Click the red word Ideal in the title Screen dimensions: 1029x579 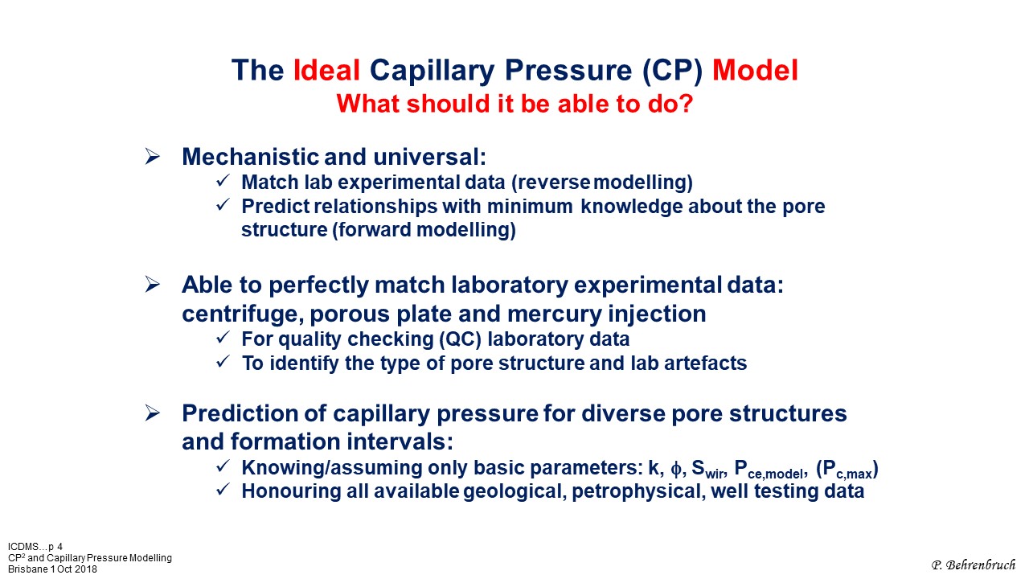click(x=326, y=70)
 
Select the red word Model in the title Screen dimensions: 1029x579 click(x=755, y=70)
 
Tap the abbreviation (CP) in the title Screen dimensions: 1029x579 click(x=673, y=72)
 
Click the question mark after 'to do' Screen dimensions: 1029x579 click(x=685, y=104)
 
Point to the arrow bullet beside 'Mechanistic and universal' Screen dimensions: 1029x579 click(x=152, y=157)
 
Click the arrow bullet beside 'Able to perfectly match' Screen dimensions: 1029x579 click(x=152, y=285)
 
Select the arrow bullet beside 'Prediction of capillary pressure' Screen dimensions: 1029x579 click(x=152, y=413)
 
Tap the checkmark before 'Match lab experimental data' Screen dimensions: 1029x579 click(x=223, y=181)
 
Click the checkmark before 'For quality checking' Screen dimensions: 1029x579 click(x=223, y=338)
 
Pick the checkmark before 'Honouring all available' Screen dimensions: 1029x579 click(x=223, y=490)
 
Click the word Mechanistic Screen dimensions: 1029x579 click(x=250, y=157)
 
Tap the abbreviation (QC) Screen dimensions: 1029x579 click(x=461, y=339)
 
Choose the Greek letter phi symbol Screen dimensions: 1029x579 click(x=676, y=469)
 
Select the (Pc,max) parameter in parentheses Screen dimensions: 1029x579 click(x=847, y=469)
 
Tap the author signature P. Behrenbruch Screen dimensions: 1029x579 click(x=974, y=565)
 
